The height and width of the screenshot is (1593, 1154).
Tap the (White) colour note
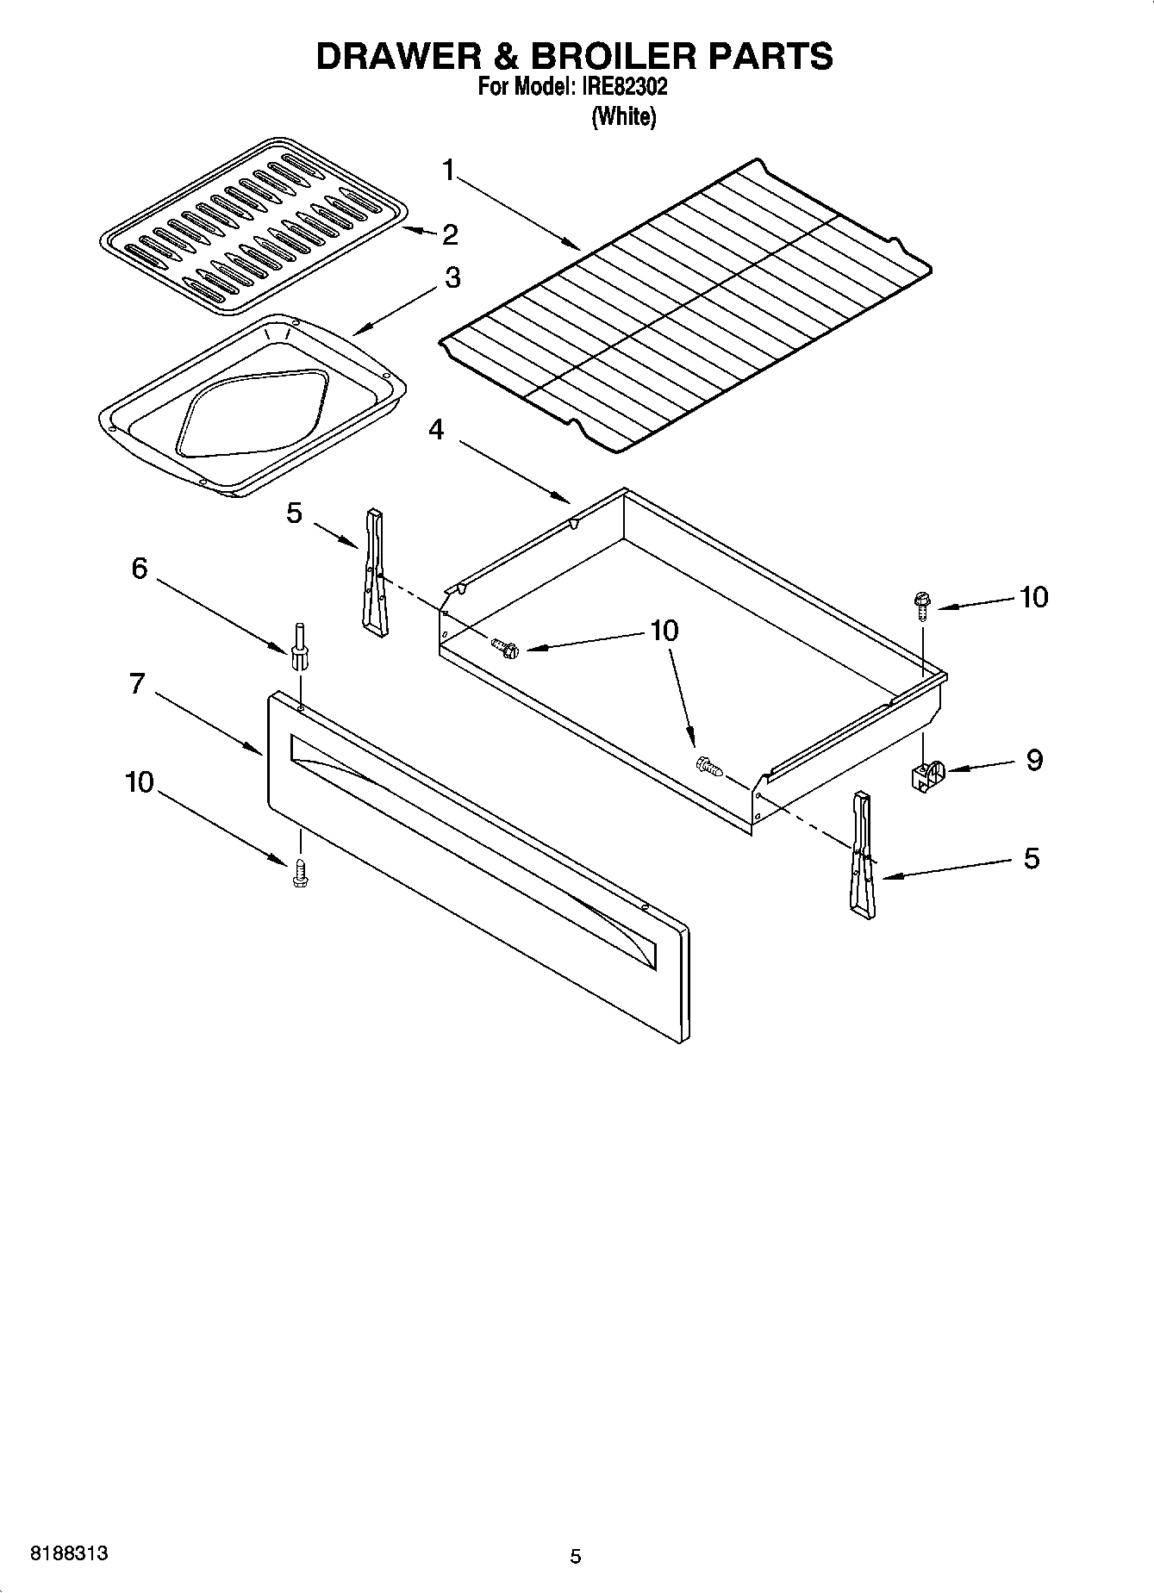[x=623, y=117]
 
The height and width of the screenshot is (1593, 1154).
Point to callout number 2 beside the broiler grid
[x=450, y=234]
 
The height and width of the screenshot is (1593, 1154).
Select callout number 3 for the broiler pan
[x=452, y=278]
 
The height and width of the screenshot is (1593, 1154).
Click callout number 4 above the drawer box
[x=437, y=429]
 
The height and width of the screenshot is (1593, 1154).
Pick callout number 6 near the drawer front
[x=140, y=569]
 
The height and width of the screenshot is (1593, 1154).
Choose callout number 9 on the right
[x=1034, y=760]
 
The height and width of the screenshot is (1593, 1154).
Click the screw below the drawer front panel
[x=300, y=873]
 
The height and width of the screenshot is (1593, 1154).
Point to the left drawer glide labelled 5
[x=374, y=572]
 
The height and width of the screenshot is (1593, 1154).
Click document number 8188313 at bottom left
[x=69, y=1553]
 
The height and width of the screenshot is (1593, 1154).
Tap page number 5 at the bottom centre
[x=576, y=1556]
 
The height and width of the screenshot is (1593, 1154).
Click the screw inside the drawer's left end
[x=506, y=647]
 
